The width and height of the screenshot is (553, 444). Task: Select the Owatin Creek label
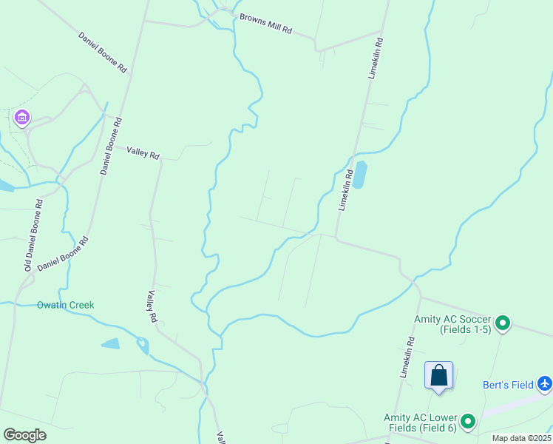pyautogui.click(x=66, y=305)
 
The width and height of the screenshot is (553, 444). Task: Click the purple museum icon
pyautogui.click(x=21, y=117)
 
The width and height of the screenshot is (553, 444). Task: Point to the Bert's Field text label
pyautogui.click(x=508, y=385)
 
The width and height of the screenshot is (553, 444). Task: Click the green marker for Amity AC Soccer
pyautogui.click(x=503, y=323)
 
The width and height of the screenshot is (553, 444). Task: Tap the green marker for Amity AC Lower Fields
pyautogui.click(x=468, y=422)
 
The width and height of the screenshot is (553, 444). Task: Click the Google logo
pyautogui.click(x=24, y=435)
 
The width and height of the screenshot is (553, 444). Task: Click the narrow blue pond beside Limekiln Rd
pyautogui.click(x=360, y=175)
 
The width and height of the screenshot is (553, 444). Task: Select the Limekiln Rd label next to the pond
pyautogui.click(x=345, y=190)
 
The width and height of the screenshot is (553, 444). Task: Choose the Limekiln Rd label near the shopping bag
pyautogui.click(x=407, y=357)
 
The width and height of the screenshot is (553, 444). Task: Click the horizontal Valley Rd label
pyautogui.click(x=143, y=152)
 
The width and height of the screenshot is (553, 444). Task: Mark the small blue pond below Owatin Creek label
pyautogui.click(x=110, y=343)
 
